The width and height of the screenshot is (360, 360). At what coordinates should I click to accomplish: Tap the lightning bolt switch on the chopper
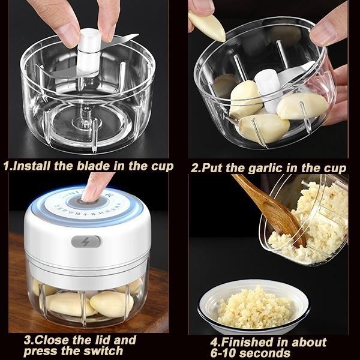(86, 241)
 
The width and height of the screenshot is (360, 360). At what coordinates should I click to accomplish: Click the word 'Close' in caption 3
(54, 340)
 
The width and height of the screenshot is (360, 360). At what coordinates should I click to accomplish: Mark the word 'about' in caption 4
(308, 342)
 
